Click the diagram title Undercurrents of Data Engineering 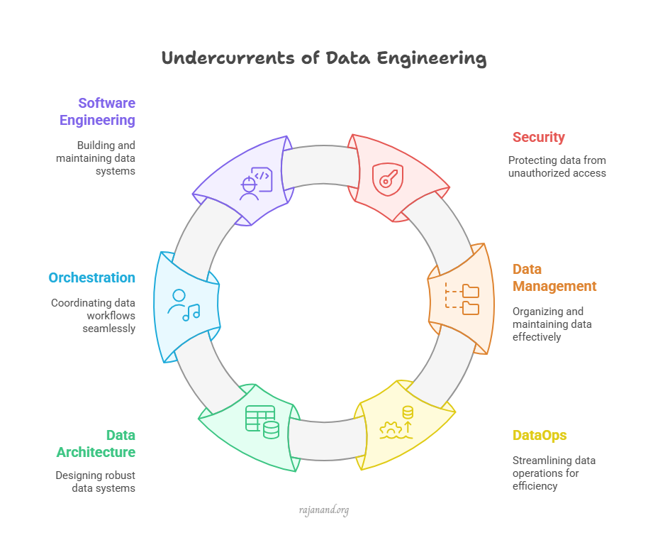pyautogui.click(x=324, y=58)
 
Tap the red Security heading pyautogui.click(x=539, y=137)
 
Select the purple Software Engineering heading pyautogui.click(x=97, y=111)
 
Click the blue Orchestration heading pyautogui.click(x=91, y=277)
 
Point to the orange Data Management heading pyautogui.click(x=554, y=277)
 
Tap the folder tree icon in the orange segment pyautogui.click(x=462, y=299)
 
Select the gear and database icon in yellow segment pyautogui.click(x=396, y=423)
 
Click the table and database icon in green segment pyautogui.click(x=262, y=422)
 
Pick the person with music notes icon pyautogui.click(x=183, y=305)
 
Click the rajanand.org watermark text pyautogui.click(x=323, y=510)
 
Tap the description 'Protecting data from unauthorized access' pyautogui.click(x=557, y=166)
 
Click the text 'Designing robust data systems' pyautogui.click(x=96, y=482)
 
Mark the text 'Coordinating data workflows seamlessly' pyautogui.click(x=93, y=316)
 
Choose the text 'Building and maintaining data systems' pyautogui.click(x=96, y=157)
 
